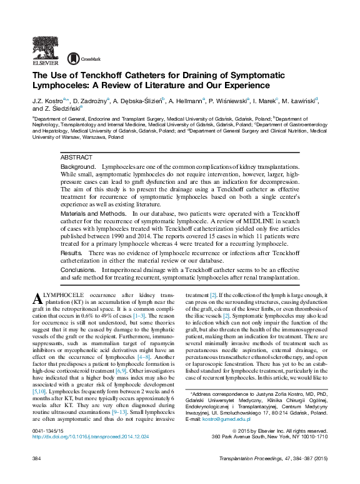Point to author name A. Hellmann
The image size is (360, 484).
(x=185, y=100)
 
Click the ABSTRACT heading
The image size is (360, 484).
(x=77, y=158)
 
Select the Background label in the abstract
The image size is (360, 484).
(x=78, y=168)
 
